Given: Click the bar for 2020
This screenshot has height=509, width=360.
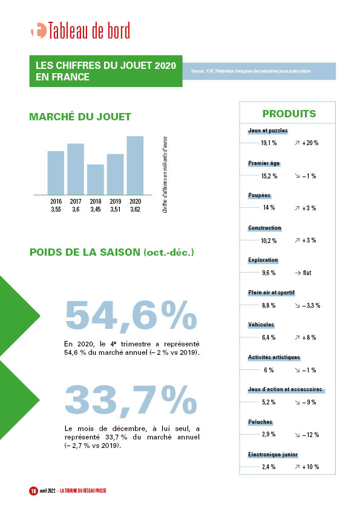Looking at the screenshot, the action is [135, 165].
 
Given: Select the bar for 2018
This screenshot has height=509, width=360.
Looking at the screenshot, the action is [96, 180].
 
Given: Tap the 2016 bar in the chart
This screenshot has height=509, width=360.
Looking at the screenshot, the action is [56, 173].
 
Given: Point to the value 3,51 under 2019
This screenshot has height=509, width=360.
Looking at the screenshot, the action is [116, 209].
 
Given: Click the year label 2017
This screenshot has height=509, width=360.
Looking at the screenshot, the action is [76, 201].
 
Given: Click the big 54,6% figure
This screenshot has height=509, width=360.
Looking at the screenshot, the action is [131, 315].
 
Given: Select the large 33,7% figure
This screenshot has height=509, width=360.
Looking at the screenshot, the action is [131, 400].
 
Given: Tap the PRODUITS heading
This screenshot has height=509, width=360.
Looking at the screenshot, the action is [289, 114].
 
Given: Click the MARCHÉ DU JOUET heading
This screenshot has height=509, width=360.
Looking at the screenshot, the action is [80, 117].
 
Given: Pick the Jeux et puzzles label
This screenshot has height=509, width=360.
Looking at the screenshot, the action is [267, 131].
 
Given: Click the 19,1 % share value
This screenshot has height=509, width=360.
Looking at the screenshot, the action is [269, 143].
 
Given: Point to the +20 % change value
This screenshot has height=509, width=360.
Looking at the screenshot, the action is [310, 143].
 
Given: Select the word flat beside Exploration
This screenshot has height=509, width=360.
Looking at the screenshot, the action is [307, 273].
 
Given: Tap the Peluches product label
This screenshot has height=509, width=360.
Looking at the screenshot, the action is [260, 422].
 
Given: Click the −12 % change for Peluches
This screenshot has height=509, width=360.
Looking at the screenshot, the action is [311, 435].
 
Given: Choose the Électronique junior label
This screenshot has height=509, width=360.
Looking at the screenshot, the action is [273, 455].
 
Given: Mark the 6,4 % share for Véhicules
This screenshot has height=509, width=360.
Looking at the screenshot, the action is [269, 337].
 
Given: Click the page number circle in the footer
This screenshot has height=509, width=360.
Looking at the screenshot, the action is [33, 491].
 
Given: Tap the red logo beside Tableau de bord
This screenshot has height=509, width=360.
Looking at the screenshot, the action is [39, 31].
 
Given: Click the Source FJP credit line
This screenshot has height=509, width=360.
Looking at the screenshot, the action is [250, 71].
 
